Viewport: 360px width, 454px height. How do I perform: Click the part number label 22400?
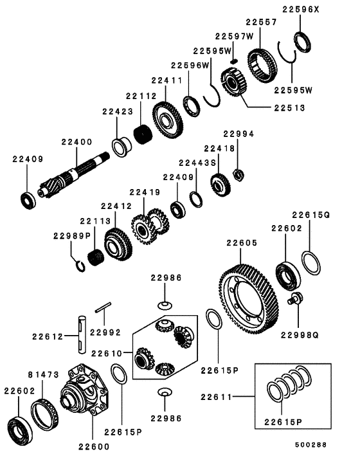pos(77,142)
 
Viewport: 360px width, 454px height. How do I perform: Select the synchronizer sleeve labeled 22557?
pos(263,61)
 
